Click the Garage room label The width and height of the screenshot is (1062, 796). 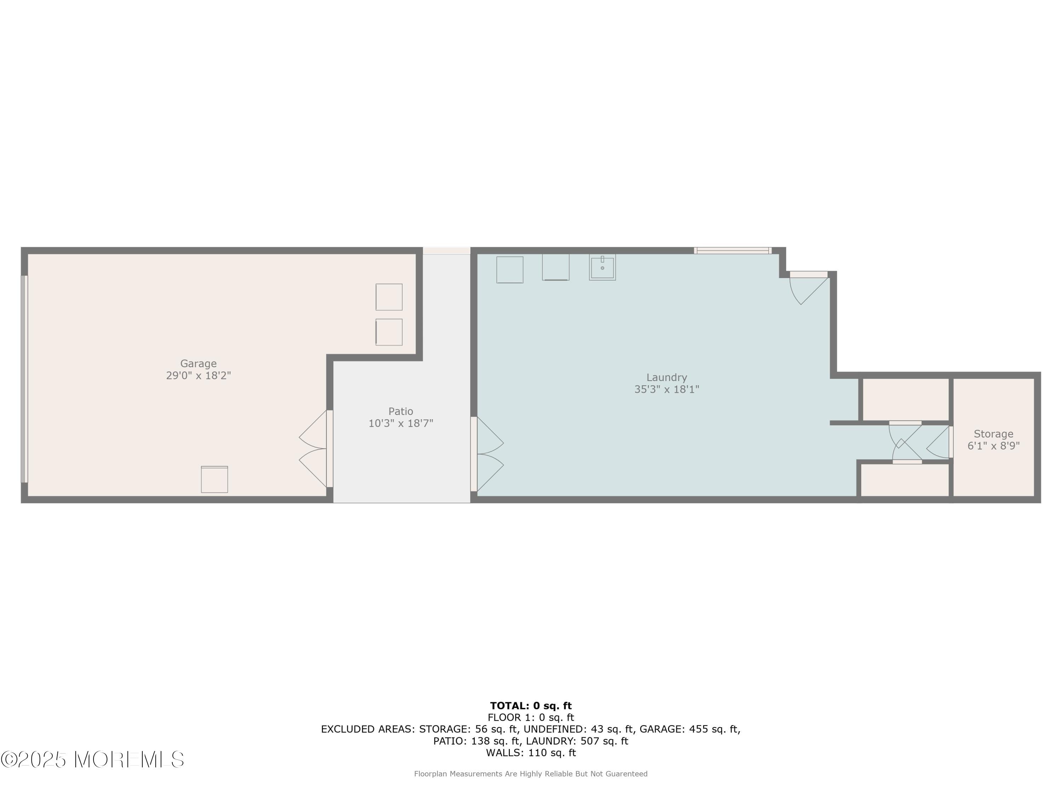(198, 364)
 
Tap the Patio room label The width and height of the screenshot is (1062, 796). (400, 411)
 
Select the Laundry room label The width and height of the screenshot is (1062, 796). (666, 377)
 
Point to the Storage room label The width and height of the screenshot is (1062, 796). (993, 434)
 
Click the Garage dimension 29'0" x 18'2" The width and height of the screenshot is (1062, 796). (198, 376)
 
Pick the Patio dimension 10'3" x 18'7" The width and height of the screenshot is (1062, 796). (400, 423)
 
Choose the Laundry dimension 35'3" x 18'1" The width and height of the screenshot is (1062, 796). (666, 390)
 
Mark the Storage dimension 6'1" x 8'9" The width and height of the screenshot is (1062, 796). (993, 446)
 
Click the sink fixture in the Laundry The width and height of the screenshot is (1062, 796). (602, 267)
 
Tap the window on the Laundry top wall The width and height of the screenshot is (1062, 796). (733, 250)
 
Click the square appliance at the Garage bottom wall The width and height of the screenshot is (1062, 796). (214, 479)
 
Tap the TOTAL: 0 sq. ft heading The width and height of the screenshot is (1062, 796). (531, 706)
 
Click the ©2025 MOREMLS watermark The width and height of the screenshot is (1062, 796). (92, 760)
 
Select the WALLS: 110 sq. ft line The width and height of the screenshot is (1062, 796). (531, 753)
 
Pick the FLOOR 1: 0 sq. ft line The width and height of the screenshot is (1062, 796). (531, 718)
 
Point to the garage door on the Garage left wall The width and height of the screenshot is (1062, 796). (24, 379)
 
